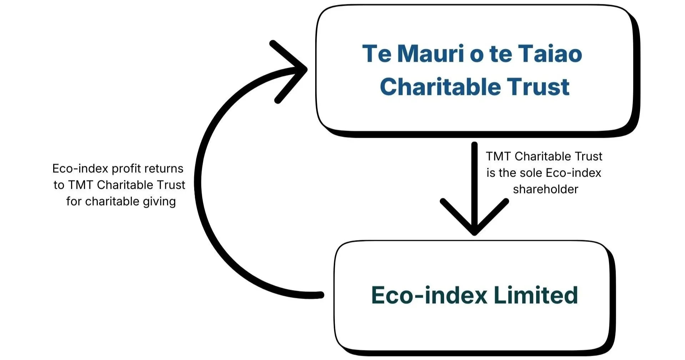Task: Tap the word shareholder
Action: click(x=545, y=189)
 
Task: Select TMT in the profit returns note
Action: click(x=81, y=185)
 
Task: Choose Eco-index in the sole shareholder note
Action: click(x=573, y=173)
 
